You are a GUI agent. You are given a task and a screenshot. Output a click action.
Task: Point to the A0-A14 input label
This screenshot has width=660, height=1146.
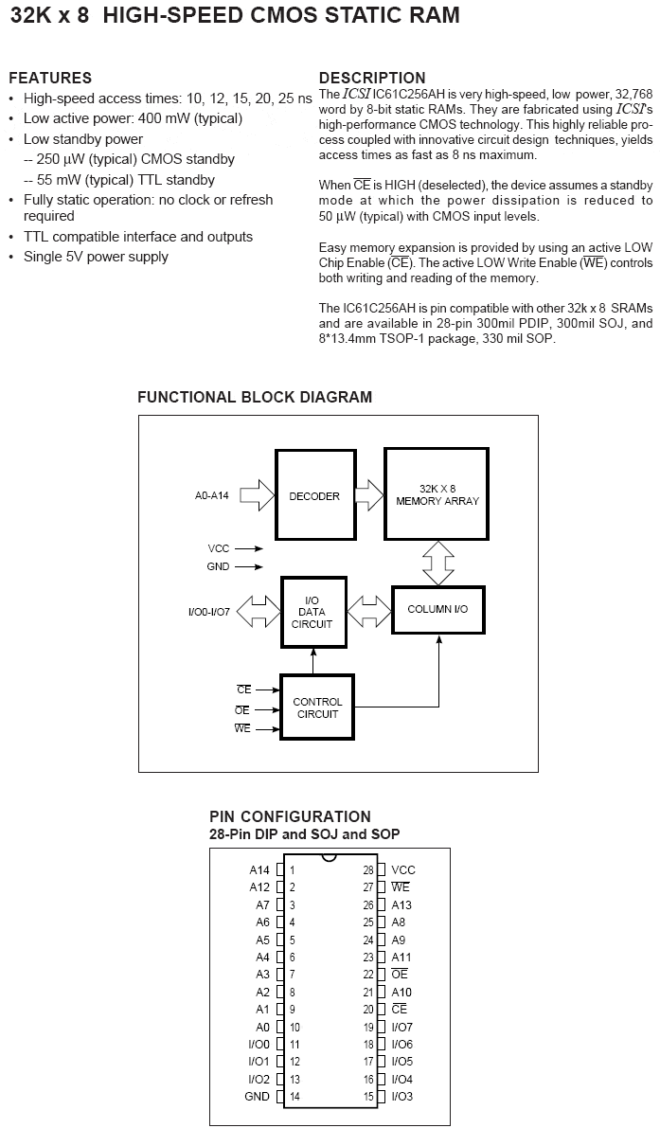pyautogui.click(x=211, y=495)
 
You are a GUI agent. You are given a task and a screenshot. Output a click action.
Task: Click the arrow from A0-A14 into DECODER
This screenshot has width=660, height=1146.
pyautogui.click(x=257, y=495)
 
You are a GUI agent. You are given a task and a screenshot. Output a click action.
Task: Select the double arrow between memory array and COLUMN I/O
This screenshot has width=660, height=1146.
pyautogui.click(x=438, y=563)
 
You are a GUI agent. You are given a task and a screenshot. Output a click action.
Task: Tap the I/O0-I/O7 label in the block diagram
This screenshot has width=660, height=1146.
pyautogui.click(x=208, y=612)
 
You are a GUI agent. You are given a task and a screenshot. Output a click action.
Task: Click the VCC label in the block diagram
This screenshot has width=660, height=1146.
pyautogui.click(x=219, y=548)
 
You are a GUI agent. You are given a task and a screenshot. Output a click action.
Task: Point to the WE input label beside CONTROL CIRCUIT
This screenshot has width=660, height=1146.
pyautogui.click(x=242, y=728)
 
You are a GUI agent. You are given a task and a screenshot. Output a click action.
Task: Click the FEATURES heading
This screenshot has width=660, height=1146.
pyautogui.click(x=50, y=78)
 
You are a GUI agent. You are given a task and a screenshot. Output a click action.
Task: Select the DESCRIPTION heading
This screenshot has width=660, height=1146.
pyautogui.click(x=372, y=78)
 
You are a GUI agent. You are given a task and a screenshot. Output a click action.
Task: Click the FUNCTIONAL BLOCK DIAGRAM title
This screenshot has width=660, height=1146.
pyautogui.click(x=255, y=397)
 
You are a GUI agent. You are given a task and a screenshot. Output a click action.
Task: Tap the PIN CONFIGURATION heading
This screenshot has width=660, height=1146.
pyautogui.click(x=290, y=816)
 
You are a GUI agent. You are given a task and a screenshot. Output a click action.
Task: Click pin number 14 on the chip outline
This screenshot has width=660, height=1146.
pyautogui.click(x=295, y=1097)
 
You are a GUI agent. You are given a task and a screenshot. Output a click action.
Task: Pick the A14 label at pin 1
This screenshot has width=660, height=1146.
pyautogui.click(x=259, y=869)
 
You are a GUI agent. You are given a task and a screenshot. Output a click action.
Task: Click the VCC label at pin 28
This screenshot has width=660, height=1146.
pyautogui.click(x=403, y=869)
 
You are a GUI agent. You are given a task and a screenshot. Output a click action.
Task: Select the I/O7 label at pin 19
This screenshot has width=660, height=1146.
pyautogui.click(x=401, y=1027)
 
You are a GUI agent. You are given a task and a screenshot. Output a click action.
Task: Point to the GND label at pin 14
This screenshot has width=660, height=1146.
pyautogui.click(x=257, y=1097)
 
